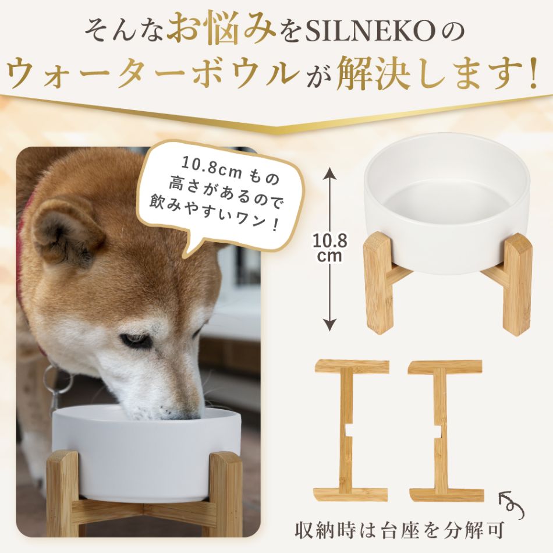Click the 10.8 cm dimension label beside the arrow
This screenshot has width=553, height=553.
329,247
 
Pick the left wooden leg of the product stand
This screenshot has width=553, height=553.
378,282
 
